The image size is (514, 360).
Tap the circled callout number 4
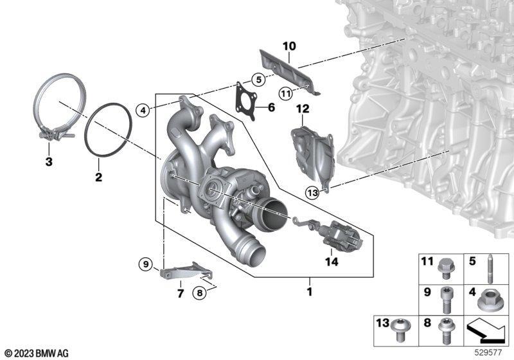point(143,111)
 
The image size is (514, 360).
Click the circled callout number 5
point(258,80)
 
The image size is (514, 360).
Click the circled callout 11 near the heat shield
point(285,94)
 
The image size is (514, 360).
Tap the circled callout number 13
point(312,192)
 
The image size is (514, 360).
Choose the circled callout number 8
point(200,292)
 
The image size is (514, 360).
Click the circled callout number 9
point(146,264)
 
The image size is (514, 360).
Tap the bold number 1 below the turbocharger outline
point(310,291)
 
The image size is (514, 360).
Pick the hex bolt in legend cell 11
point(445,269)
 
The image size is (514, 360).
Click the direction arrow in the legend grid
point(486,331)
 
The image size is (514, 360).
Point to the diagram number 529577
point(488,353)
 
